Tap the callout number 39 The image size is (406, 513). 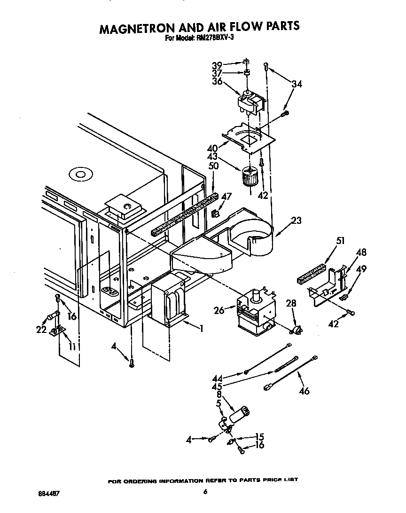pyautogui.click(x=217, y=65)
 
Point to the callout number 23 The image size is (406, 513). pyautogui.click(x=296, y=220)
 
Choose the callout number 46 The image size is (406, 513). pyautogui.click(x=304, y=390)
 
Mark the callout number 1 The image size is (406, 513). pyautogui.click(x=201, y=329)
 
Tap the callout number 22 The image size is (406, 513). pyautogui.click(x=41, y=330)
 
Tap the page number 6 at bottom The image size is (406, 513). pyautogui.click(x=205, y=492)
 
